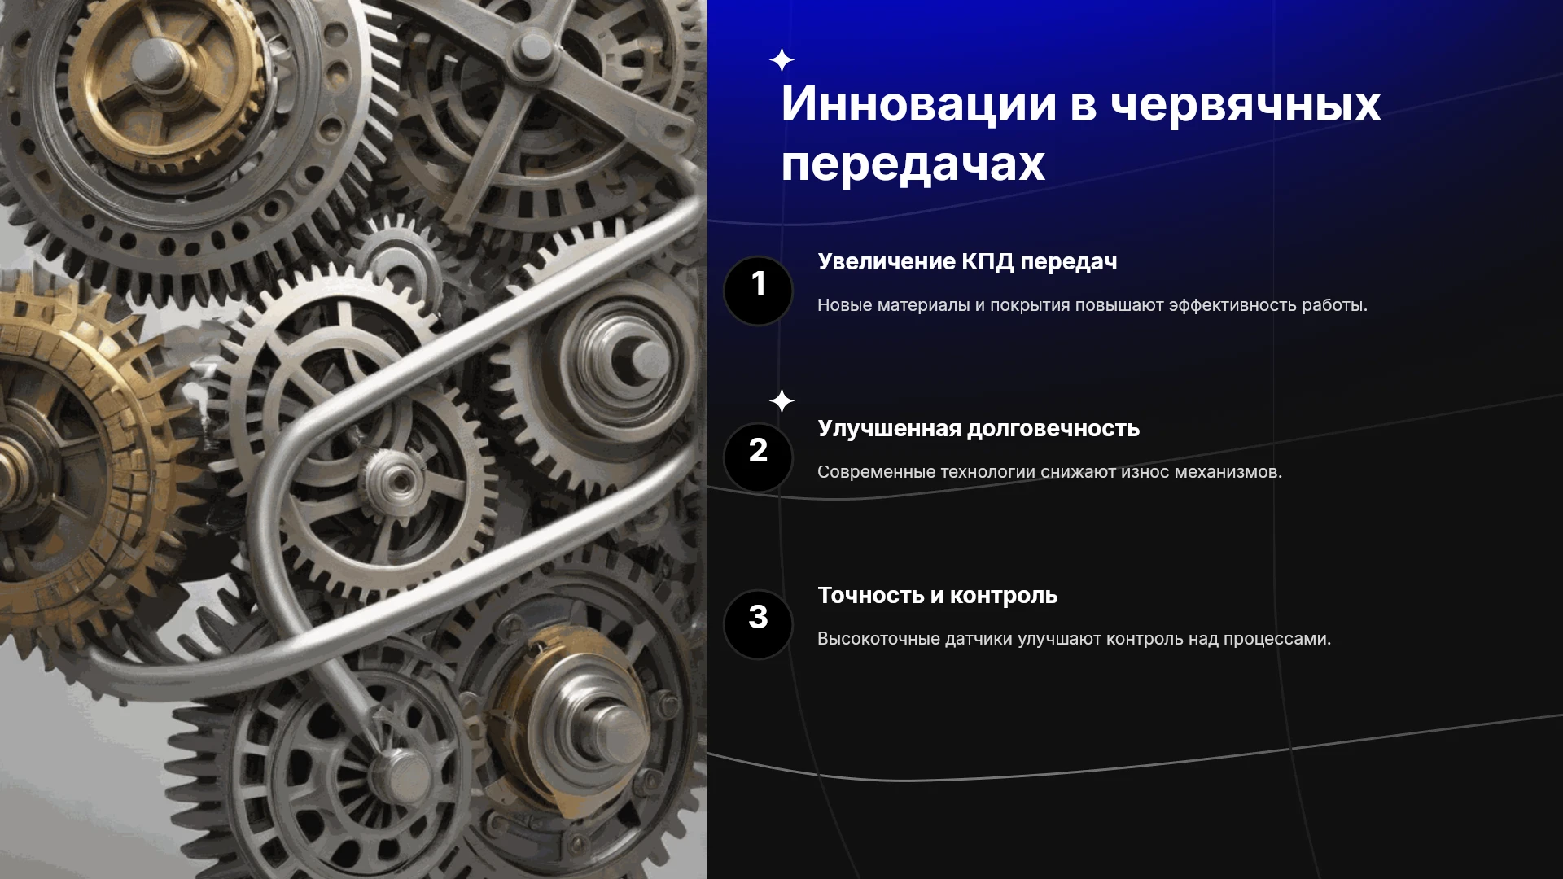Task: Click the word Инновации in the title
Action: point(919,104)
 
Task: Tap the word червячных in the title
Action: point(1246,106)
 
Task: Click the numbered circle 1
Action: point(758,291)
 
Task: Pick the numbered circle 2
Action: point(758,457)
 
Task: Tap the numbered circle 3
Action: point(758,624)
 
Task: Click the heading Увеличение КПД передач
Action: point(967,262)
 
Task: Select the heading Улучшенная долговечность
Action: point(979,429)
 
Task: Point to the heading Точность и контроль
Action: point(938,596)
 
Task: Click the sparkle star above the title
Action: point(781,60)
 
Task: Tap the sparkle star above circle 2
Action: point(781,401)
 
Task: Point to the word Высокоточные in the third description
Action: point(878,639)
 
